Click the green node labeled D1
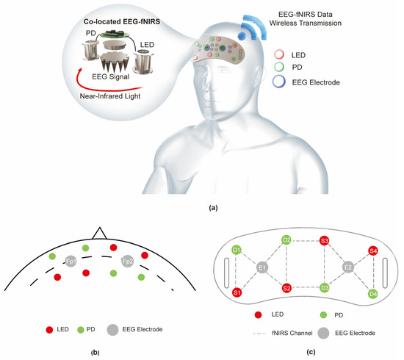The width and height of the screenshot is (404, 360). click(237, 251)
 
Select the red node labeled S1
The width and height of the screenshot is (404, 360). click(237, 292)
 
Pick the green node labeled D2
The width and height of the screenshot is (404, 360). click(287, 240)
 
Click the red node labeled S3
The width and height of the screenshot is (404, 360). click(324, 240)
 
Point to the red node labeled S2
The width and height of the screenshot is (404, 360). click(287, 287)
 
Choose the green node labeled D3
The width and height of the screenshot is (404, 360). click(324, 287)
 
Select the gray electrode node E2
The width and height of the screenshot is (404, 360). click(350, 267)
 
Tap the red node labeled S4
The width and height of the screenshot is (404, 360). click(373, 251)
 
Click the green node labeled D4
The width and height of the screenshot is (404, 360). click(373, 294)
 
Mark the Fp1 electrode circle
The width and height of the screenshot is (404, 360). click(71, 262)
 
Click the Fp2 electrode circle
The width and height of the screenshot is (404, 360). click(127, 262)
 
